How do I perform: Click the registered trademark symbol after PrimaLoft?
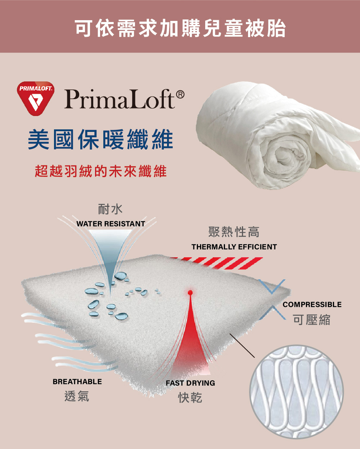pyautogui.click(x=180, y=95)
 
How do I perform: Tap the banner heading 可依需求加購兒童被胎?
pyautogui.click(x=180, y=28)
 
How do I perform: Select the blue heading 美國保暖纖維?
pyautogui.click(x=100, y=140)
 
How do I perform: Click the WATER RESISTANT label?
pyautogui.click(x=111, y=224)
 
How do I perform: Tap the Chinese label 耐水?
pyautogui.click(x=110, y=209)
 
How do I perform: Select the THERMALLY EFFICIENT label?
pyautogui.click(x=234, y=247)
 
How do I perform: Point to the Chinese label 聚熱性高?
pyautogui.click(x=234, y=232)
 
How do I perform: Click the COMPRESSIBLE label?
pyautogui.click(x=312, y=304)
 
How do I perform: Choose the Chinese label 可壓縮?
pyautogui.click(x=311, y=320)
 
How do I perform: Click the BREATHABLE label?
pyautogui.click(x=77, y=382)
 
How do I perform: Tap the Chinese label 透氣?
pyautogui.click(x=77, y=396)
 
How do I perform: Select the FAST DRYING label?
pyautogui.click(x=190, y=383)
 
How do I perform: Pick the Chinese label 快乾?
pyautogui.click(x=190, y=398)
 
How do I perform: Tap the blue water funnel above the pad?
pyautogui.click(x=110, y=249)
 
